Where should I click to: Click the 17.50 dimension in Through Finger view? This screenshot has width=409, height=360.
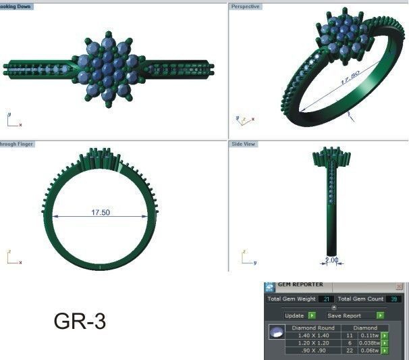click(x=101, y=212)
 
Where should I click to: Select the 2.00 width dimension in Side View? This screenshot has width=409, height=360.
click(x=331, y=259)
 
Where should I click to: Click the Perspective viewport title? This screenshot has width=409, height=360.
click(x=245, y=6)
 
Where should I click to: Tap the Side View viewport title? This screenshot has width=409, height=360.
click(x=244, y=144)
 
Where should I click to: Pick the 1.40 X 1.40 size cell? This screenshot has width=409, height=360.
click(x=315, y=334)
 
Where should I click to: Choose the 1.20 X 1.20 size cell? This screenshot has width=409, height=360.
click(x=315, y=342)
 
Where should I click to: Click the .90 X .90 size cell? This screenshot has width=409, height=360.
click(x=315, y=351)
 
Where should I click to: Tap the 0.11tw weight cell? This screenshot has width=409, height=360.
click(x=369, y=334)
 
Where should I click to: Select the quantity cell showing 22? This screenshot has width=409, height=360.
click(x=350, y=351)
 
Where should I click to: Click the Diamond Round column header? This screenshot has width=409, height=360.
click(x=315, y=327)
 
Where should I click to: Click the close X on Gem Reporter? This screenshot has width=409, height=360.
click(x=399, y=286)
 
